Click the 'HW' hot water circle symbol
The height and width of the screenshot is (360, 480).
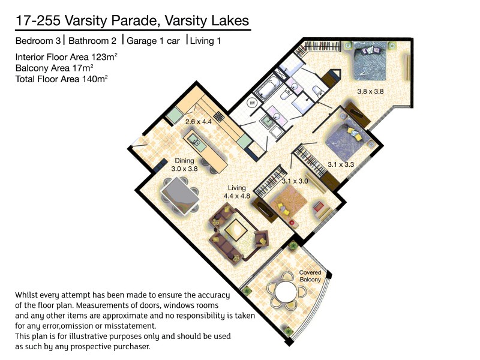pos(253,103)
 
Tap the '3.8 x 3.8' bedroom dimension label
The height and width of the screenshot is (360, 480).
pos(370,92)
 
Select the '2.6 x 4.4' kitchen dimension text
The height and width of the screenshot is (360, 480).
pos(199,122)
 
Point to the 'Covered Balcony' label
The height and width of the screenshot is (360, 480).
pos(311,276)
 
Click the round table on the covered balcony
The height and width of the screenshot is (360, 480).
pos(284,295)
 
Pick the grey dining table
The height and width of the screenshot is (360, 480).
pos(179,195)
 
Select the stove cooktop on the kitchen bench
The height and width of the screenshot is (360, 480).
pos(218,117)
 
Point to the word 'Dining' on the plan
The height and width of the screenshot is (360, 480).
pos(185,161)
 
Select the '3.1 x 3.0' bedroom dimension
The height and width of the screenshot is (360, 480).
pos(295,181)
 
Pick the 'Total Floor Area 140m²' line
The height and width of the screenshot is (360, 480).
pos(62,79)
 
